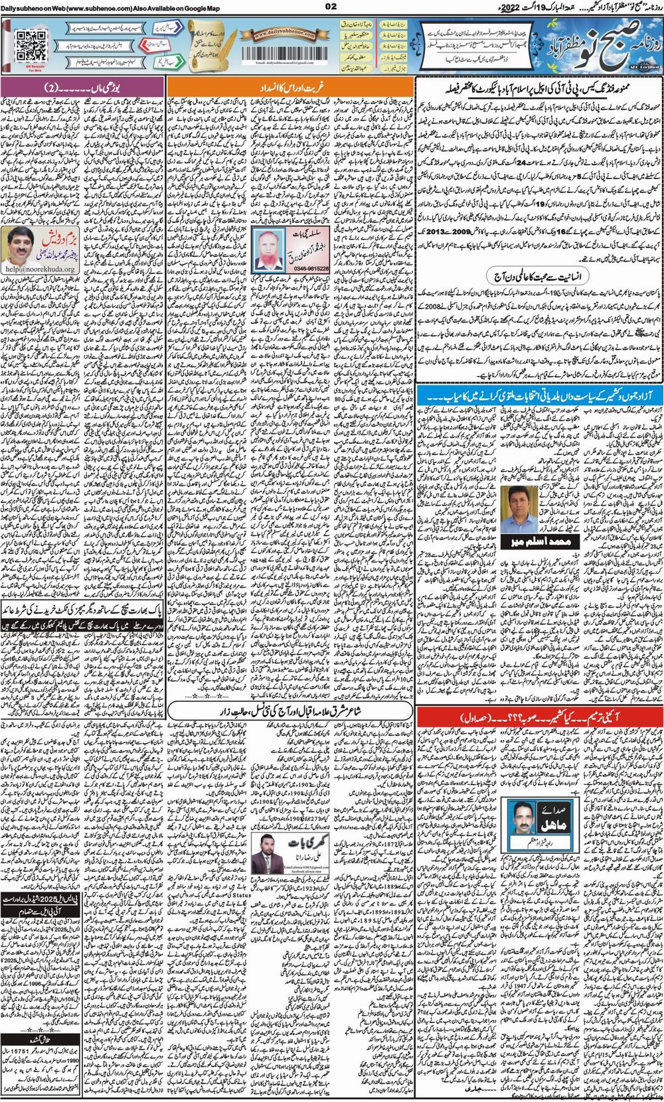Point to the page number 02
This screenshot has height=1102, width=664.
coord(332,7)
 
